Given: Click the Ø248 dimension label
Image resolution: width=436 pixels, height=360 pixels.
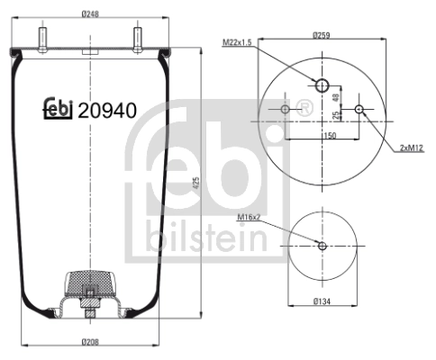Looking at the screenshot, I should click(x=90, y=13).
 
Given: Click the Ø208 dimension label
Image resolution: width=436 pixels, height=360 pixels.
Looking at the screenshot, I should click(x=90, y=341).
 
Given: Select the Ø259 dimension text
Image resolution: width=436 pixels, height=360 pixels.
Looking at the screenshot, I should click(x=322, y=35).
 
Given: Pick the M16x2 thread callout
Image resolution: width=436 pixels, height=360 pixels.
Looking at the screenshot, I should click(x=250, y=217).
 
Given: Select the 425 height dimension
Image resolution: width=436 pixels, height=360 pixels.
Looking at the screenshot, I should click(x=195, y=185).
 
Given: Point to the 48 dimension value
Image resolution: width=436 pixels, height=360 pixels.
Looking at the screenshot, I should click(x=335, y=97).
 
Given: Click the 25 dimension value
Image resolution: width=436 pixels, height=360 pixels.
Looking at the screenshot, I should click(x=335, y=115).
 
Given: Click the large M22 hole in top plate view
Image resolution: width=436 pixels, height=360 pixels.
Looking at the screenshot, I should click(x=322, y=85).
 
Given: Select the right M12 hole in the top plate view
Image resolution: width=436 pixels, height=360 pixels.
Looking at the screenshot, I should click(x=359, y=110).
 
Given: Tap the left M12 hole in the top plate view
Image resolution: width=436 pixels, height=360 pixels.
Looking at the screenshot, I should click(x=286, y=110).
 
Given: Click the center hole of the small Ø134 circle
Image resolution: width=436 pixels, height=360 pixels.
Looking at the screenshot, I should click(x=322, y=244).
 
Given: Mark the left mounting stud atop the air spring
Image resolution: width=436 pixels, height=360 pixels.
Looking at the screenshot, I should click(x=42, y=40).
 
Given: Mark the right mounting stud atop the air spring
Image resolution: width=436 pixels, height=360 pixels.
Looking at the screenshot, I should click(x=139, y=40).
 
